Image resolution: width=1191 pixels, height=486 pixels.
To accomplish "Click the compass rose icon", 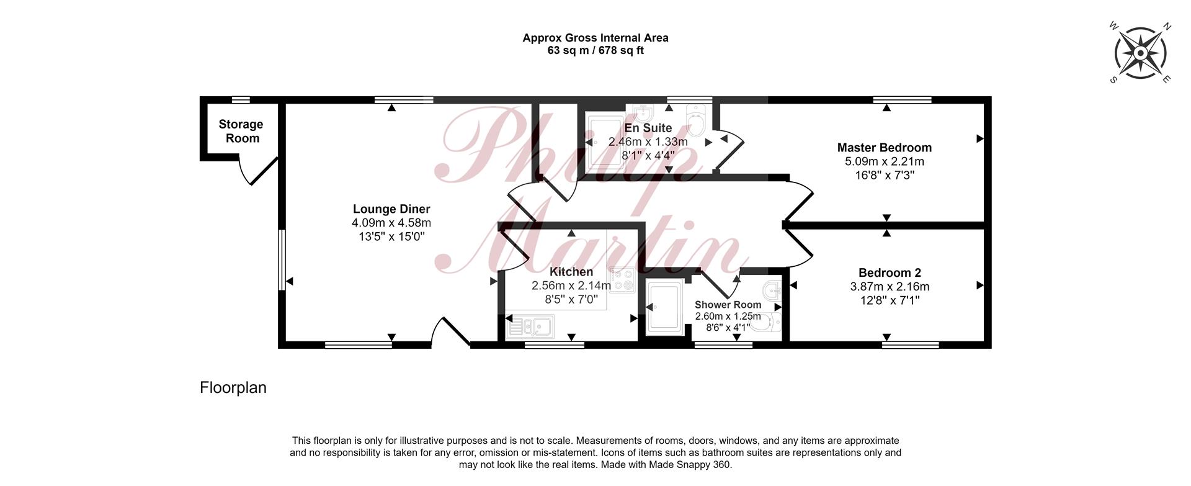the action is (1140, 53).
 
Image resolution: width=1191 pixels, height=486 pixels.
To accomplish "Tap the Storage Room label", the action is (241, 131).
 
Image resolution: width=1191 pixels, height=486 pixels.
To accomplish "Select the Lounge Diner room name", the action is (391, 209).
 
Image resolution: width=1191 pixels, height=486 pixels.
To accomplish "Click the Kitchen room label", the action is (571, 272).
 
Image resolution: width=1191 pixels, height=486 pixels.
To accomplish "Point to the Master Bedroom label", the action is (885, 148).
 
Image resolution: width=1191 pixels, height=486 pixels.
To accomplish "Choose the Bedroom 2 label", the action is (890, 272).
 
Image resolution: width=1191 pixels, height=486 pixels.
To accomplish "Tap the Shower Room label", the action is (728, 305).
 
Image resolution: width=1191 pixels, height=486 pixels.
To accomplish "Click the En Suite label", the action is (648, 128).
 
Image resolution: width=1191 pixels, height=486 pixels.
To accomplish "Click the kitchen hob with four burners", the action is (622, 280).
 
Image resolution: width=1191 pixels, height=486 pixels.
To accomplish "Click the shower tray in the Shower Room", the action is (664, 307).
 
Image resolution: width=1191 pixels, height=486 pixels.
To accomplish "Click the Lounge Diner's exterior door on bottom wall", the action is (450, 331).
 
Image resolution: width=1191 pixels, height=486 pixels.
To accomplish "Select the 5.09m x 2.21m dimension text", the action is (885, 161).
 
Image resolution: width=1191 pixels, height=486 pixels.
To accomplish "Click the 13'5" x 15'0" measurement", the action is (391, 236).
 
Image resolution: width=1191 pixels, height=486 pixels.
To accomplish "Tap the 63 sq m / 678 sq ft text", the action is (595, 50).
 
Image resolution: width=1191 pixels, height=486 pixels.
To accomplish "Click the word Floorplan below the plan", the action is (233, 388).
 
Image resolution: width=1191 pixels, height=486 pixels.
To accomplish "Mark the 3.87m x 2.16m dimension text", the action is (890, 287).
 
